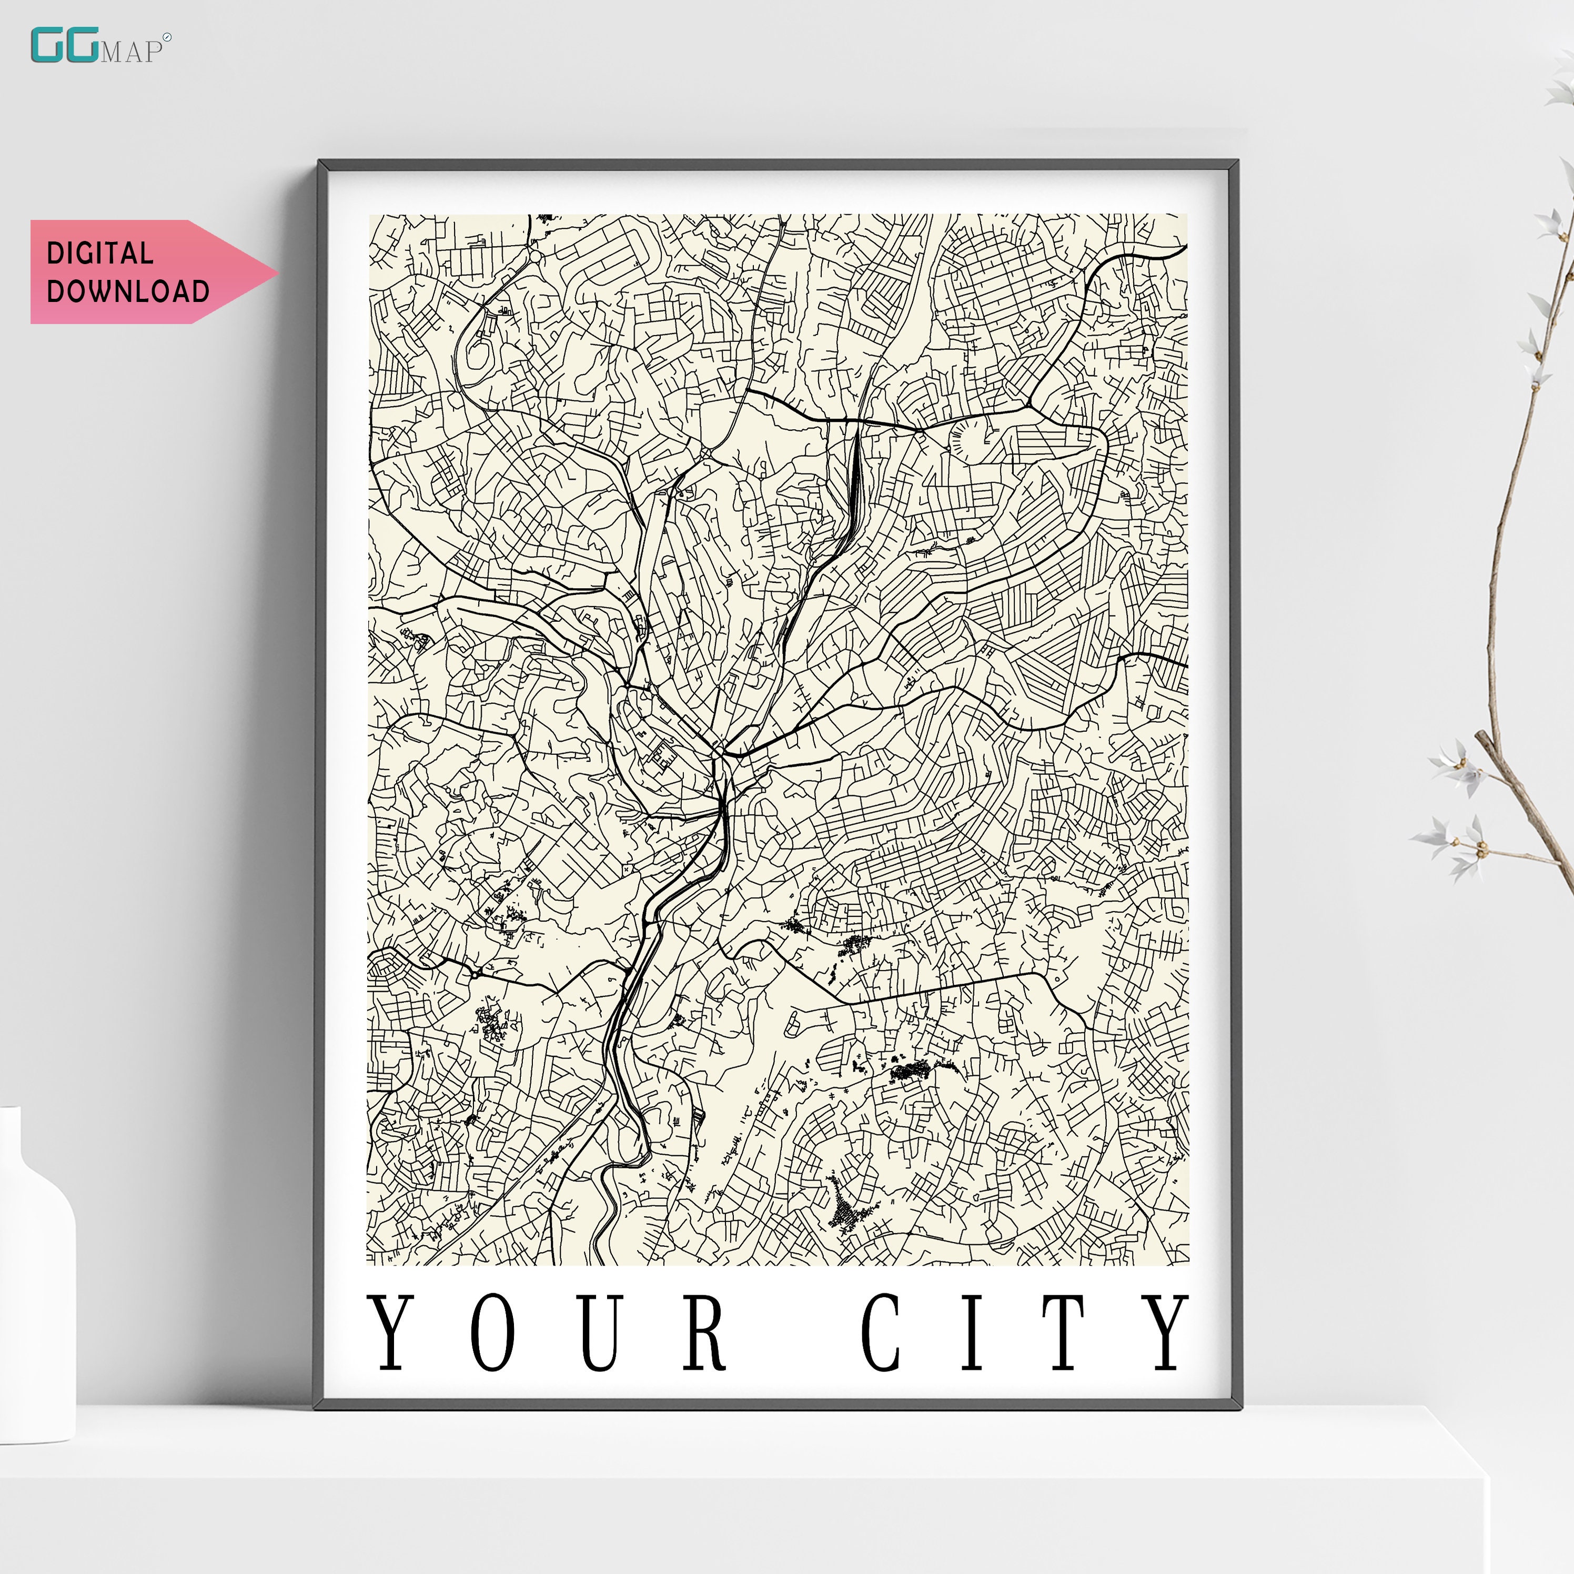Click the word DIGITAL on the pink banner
point(99,254)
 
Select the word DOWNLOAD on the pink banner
point(128,291)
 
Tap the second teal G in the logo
point(82,46)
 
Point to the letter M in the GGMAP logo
point(111,52)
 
